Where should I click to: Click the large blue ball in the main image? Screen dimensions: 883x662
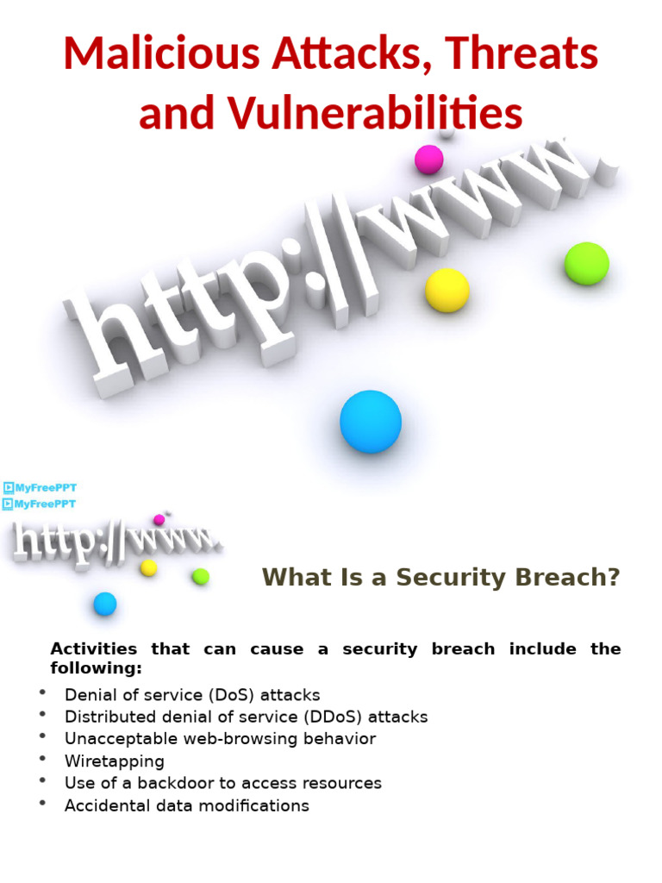(x=371, y=422)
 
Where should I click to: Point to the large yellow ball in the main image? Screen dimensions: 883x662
(x=447, y=290)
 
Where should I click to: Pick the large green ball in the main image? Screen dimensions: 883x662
(x=587, y=264)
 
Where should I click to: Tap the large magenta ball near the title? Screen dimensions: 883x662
(x=428, y=160)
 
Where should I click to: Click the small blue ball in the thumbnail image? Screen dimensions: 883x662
(x=105, y=604)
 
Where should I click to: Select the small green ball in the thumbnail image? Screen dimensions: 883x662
(x=201, y=576)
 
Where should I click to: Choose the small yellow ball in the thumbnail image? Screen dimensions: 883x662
(x=148, y=567)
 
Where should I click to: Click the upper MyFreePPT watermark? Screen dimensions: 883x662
(x=41, y=488)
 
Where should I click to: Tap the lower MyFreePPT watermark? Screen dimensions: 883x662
(x=41, y=504)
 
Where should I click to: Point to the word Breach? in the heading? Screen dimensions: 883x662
(x=573, y=577)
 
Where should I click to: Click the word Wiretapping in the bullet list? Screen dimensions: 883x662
(x=114, y=761)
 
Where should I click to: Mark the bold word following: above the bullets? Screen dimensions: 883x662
(x=96, y=668)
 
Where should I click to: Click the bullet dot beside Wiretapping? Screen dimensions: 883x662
(x=42, y=760)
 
